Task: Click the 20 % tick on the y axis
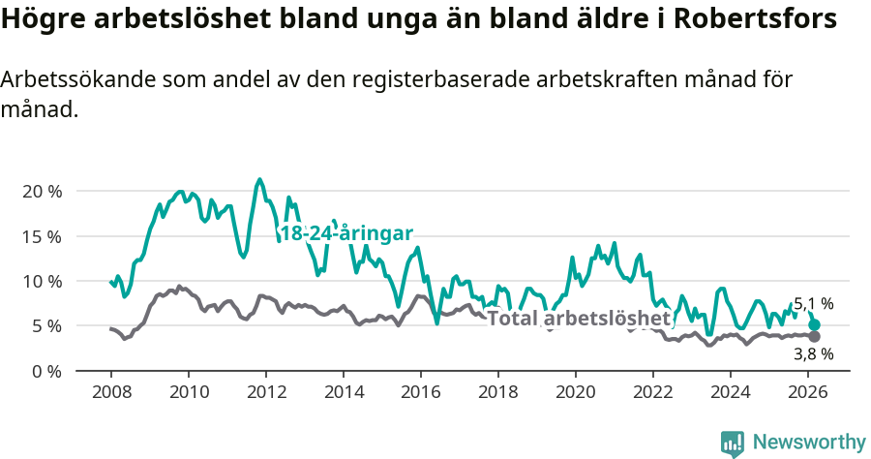[41, 191]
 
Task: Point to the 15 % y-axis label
[41, 236]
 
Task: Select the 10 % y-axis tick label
[41, 281]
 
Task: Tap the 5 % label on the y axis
[45, 326]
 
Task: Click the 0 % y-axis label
[45, 371]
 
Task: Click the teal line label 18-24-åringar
[345, 233]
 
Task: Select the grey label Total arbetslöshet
[578, 318]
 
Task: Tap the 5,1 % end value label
[813, 304]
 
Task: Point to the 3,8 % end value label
[813, 354]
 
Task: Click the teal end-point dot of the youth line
[815, 325]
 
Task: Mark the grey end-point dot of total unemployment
[815, 336]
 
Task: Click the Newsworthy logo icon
[733, 444]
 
